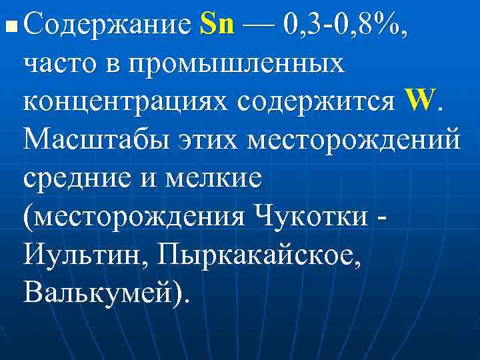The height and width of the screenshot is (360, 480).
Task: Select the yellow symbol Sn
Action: tap(217, 26)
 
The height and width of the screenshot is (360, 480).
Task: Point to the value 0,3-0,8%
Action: tap(346, 27)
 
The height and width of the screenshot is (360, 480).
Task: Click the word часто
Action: tap(59, 64)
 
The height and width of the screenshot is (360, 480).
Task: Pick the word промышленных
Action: tap(237, 64)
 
